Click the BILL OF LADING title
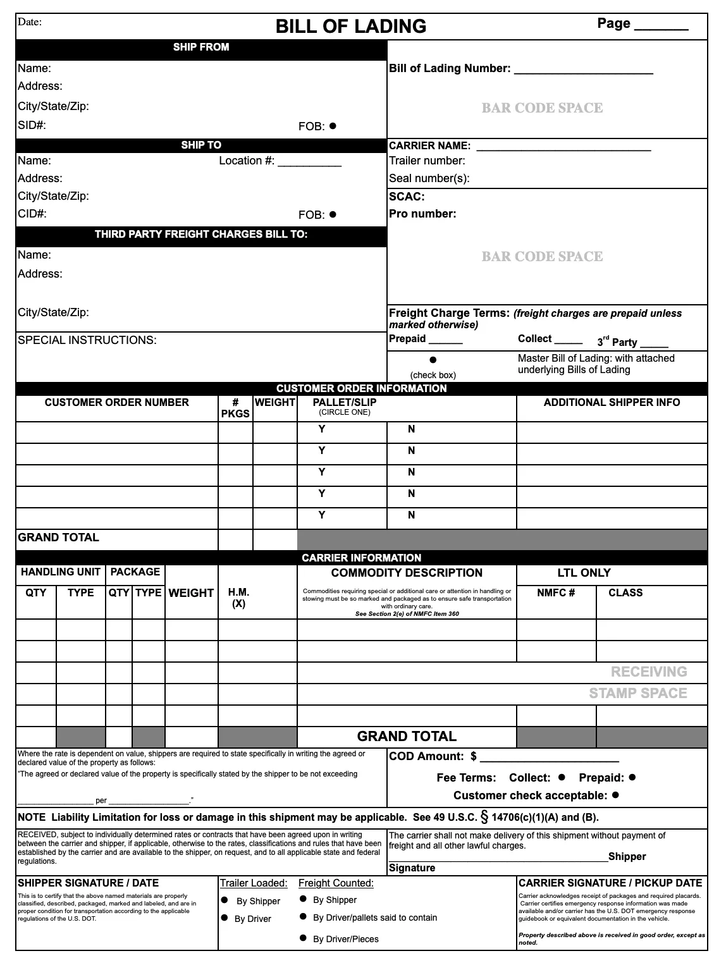(351, 27)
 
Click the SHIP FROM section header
(201, 47)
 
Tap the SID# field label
(32, 125)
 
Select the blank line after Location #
(309, 162)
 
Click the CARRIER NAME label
(429, 146)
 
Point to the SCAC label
(407, 197)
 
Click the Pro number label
(422, 214)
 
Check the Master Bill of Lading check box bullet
(433, 360)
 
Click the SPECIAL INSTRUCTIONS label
(87, 340)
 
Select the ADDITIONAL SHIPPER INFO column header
(612, 403)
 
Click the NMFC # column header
(556, 593)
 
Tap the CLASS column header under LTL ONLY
(625, 593)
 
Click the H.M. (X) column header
(238, 598)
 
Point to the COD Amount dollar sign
(474, 757)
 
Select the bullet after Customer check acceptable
(615, 795)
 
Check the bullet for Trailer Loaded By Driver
(225, 918)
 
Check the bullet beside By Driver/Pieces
(303, 938)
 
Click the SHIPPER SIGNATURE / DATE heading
(88, 883)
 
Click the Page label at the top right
(613, 24)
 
